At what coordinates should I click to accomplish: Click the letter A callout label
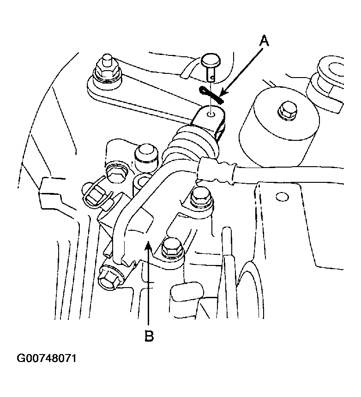coord(264,41)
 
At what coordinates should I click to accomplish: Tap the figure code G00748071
coord(46,359)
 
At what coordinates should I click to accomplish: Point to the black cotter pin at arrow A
coord(211,95)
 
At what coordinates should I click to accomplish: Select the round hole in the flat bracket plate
coord(282,197)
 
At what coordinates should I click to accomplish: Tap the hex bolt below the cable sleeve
coord(201,197)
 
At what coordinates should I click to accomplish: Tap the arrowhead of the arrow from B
coord(149,246)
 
